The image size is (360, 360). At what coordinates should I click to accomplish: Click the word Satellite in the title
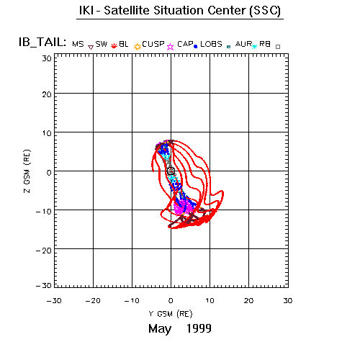point(127,10)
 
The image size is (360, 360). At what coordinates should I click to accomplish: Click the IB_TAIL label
point(42,42)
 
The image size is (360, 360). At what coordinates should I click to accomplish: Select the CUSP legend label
point(153,44)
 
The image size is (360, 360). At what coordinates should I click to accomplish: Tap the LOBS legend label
point(211,44)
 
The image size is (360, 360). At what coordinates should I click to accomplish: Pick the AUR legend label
point(243,44)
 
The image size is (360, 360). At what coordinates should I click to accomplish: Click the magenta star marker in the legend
point(171,47)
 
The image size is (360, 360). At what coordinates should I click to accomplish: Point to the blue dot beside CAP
point(195,47)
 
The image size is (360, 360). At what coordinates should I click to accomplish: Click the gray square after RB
point(278,47)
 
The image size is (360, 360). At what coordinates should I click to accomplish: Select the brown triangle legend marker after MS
point(91,48)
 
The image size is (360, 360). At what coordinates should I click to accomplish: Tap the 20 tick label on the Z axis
point(47,94)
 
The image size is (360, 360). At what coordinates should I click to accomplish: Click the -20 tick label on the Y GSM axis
point(93,301)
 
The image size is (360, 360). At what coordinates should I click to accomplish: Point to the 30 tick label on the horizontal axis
point(288,301)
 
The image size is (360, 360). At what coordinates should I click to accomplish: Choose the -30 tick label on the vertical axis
point(44,286)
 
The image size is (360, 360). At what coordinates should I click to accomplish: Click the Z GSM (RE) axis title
point(27,171)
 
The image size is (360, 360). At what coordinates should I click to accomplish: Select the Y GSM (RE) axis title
point(171,314)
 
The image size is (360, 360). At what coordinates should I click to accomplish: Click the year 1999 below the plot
point(199,328)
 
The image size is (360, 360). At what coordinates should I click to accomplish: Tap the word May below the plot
point(160,329)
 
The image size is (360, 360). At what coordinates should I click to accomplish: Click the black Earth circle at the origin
point(171,171)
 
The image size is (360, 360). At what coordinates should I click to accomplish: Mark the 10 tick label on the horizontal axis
point(210,301)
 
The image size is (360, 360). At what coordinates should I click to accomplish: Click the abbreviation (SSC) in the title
point(265,11)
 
